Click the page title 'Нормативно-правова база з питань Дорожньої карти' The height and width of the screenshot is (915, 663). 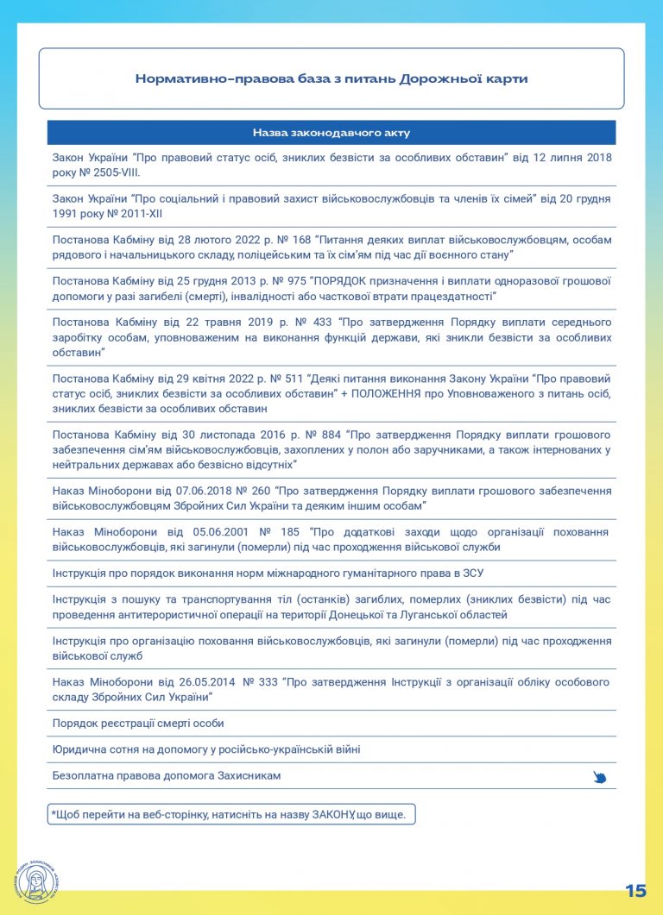click(331, 78)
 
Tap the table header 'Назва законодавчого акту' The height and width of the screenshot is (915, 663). click(331, 133)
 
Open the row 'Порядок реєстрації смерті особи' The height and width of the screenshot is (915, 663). click(138, 723)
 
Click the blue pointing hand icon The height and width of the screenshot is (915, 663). click(600, 777)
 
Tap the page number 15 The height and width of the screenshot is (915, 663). click(635, 891)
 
